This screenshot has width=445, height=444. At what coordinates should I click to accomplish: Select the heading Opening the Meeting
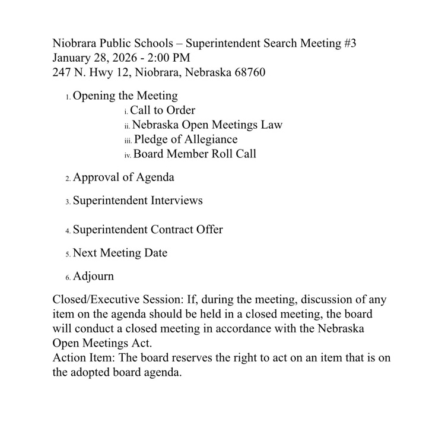coord(125,95)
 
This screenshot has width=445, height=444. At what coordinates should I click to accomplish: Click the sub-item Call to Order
coord(162,110)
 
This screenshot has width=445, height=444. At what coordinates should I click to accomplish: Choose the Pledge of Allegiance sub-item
coord(186,139)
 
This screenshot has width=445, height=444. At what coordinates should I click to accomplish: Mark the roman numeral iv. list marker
coord(128,156)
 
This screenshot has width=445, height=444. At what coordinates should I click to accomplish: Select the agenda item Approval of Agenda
coord(123,177)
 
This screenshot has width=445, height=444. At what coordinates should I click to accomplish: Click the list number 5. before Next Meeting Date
coord(68,254)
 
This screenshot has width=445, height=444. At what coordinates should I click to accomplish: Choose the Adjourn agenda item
coord(93,276)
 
